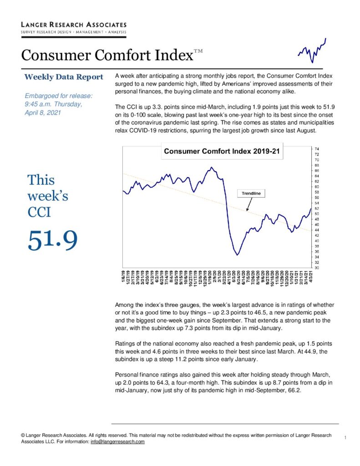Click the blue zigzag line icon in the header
coord(312,51)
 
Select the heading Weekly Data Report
coord(64,77)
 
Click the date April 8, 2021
coord(43,113)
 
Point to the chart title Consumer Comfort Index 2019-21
coord(222,151)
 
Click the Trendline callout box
coord(251,193)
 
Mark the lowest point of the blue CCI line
coord(237,255)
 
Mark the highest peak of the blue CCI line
coord(211,167)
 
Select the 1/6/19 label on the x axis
coord(124,277)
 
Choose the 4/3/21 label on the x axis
coord(311,277)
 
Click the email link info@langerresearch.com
coord(117,441)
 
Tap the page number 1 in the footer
coord(345,437)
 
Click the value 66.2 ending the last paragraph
coord(294,390)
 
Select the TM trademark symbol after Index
coord(198,51)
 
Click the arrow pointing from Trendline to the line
coord(249,204)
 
